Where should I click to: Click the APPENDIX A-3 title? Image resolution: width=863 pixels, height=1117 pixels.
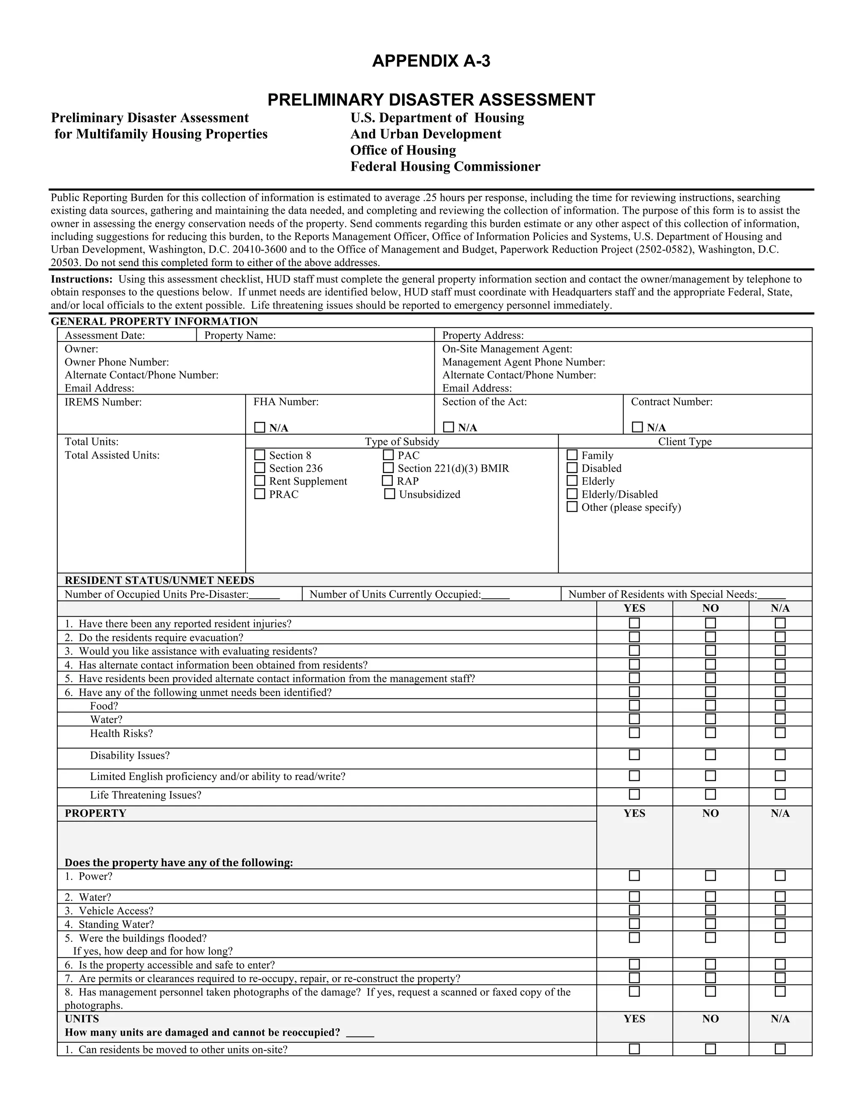point(431,61)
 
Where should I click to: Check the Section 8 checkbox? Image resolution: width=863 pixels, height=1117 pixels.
point(260,455)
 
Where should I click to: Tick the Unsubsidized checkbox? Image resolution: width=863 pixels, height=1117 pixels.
point(390,494)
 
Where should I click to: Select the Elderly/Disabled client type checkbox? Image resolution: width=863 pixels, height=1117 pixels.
point(572,494)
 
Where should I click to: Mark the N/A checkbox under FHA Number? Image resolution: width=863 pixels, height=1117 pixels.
point(260,427)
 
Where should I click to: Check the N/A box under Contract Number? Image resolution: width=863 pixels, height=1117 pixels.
point(637,427)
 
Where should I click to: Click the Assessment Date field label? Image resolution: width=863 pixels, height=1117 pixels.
point(105,335)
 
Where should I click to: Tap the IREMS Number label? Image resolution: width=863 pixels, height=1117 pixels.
point(103,402)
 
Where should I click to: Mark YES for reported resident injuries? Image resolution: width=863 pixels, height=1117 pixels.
point(634,623)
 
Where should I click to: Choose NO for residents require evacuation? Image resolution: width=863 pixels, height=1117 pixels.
point(710,637)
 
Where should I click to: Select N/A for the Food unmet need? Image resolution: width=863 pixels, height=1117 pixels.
point(780,705)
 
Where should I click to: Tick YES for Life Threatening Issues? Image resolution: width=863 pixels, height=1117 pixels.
point(634,794)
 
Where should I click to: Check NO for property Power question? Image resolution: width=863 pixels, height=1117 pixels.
point(710,875)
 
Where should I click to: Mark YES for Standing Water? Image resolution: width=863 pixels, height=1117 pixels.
point(634,924)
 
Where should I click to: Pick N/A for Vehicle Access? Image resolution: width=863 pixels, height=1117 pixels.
point(780,910)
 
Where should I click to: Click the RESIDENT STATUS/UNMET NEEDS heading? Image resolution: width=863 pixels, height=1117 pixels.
point(160,580)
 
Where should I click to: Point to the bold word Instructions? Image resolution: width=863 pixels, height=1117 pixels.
point(81,279)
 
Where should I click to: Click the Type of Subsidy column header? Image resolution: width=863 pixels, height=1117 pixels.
point(402,441)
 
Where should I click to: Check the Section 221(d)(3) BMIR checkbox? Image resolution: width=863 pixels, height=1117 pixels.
point(388,467)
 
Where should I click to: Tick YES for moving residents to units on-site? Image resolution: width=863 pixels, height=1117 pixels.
point(634,1049)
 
